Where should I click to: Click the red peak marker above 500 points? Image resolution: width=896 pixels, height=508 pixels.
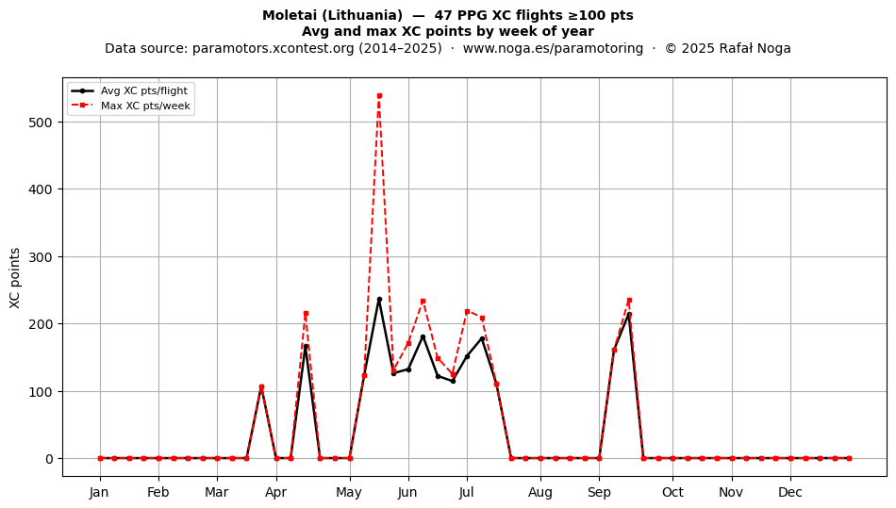tap(379, 96)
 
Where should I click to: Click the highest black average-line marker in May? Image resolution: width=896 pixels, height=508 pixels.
tap(379, 299)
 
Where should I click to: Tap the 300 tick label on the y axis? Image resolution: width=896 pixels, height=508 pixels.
tap(40, 257)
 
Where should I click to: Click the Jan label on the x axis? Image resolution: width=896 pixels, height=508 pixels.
tap(99, 492)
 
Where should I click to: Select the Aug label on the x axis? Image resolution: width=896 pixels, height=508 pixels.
tap(540, 492)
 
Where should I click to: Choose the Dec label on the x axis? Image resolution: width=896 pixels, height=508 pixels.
tap(790, 492)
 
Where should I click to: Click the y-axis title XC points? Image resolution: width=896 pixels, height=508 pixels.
tap(15, 278)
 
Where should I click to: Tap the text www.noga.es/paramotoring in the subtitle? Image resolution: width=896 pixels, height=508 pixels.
tap(553, 48)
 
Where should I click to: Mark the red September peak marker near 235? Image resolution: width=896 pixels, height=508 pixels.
tap(629, 301)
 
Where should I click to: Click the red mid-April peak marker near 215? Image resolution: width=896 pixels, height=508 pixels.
tap(306, 313)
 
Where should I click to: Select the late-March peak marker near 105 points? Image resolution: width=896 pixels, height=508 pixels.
tap(261, 387)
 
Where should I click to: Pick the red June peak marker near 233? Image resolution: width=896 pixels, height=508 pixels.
tap(423, 302)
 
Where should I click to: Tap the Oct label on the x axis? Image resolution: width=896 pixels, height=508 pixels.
tap(672, 492)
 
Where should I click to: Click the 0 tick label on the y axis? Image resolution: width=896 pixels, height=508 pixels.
tap(49, 459)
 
